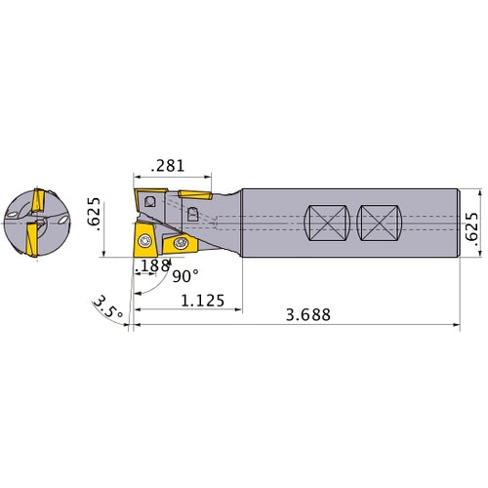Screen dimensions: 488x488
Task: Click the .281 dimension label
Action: pyautogui.click(x=168, y=166)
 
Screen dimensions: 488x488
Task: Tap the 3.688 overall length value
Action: pyautogui.click(x=308, y=314)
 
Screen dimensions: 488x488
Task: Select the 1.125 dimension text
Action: pyautogui.click(x=202, y=301)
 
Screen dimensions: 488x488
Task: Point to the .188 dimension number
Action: pyautogui.click(x=152, y=265)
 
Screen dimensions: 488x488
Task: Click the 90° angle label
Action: pyautogui.click(x=185, y=276)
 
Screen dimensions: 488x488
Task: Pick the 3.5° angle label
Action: pyautogui.click(x=108, y=307)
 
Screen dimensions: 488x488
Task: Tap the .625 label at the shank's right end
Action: pyautogui.click(x=471, y=226)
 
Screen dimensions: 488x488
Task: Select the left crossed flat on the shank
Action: pyautogui.click(x=327, y=223)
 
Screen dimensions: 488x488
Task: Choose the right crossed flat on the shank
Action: pyautogui.click(x=380, y=223)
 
